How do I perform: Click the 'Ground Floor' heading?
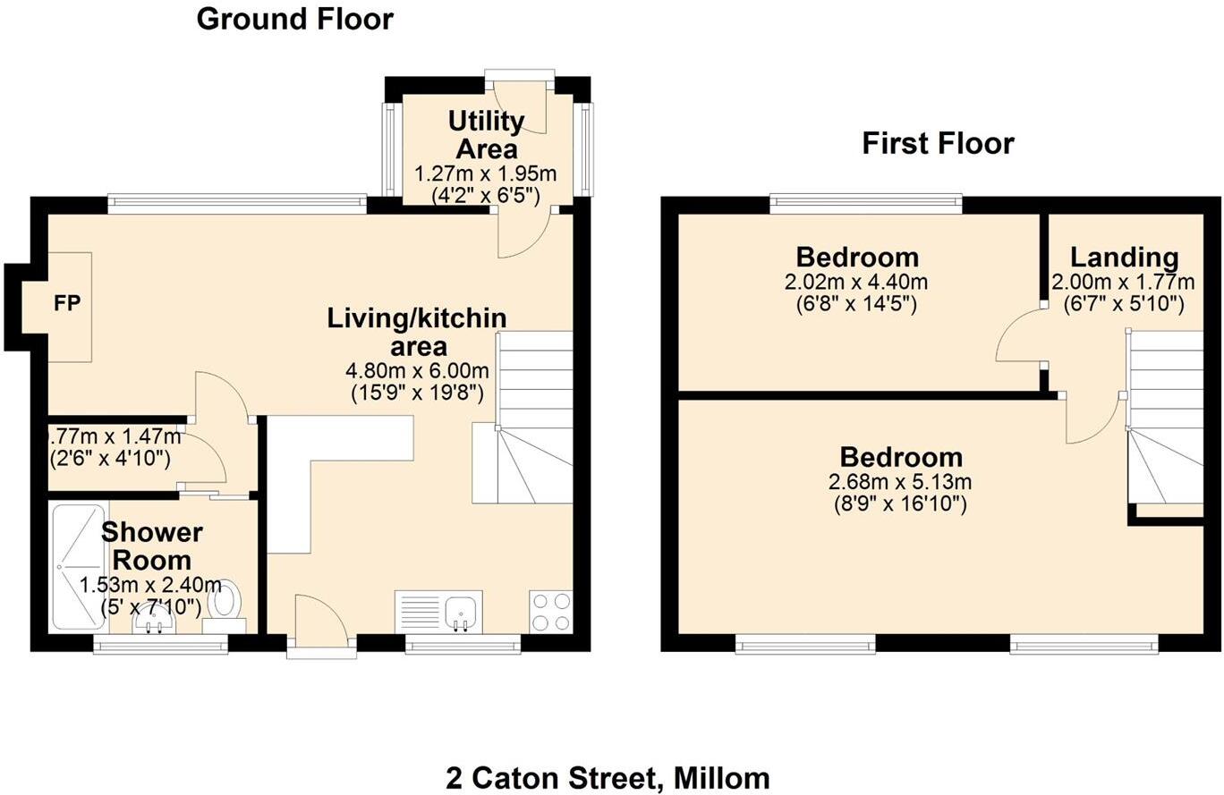294,19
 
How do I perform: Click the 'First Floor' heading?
938,143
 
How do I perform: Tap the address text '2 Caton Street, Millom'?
608,777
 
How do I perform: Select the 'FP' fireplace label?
67,304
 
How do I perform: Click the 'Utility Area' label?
486,134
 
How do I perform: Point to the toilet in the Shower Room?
225,600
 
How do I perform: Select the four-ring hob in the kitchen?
550,612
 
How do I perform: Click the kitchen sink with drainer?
438,612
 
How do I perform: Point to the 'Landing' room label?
1124,258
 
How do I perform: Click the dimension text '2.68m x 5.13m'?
900,482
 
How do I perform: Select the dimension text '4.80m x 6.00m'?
417,370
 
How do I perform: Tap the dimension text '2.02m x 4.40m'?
856,283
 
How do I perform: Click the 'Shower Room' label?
151,546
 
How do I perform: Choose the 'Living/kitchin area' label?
417,331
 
